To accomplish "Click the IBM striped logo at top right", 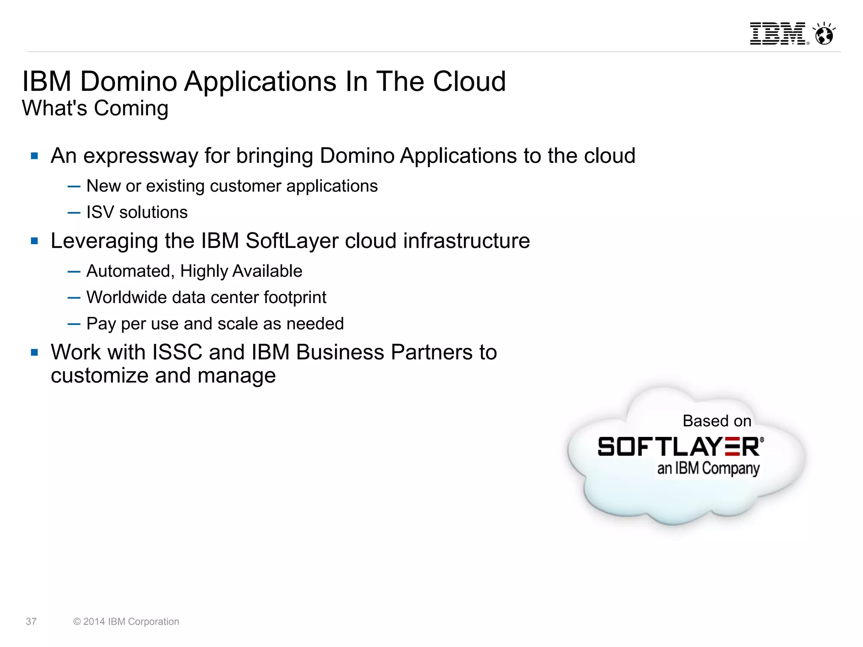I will (x=778, y=34).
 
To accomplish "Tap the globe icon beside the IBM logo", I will (x=824, y=34).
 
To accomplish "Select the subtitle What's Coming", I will (x=95, y=108).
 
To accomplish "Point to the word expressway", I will (x=140, y=156).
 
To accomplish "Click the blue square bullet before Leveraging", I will (x=35, y=241).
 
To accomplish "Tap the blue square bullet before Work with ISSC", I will (x=35, y=352).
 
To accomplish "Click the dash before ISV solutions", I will (x=74, y=213).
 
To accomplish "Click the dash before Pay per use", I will (x=74, y=324).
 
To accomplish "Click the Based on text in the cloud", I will (x=717, y=421).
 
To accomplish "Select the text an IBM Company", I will (x=708, y=469).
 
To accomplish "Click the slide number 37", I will (x=31, y=621).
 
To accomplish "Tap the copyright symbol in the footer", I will (x=77, y=622).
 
